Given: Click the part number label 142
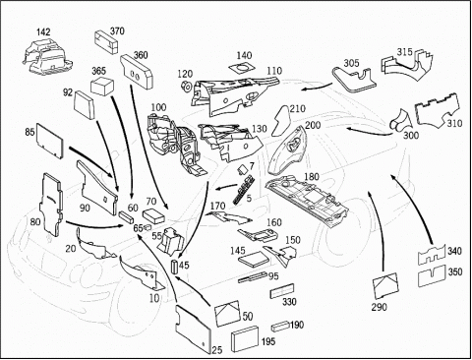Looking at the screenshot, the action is pos(43,32).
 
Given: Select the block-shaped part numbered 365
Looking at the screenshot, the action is pos(102,87).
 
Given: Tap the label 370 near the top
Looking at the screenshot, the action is pos(117,30).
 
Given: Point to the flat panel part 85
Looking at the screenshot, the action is pos(49,141).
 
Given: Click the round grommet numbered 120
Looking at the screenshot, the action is pos(187,86).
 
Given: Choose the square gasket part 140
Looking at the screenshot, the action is pos(242,68).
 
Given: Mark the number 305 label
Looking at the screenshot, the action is pos(351,63).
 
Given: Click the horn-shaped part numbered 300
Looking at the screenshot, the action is pos(399,121).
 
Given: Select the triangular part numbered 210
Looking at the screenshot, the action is pos(280,122).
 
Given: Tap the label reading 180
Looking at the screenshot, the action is pos(311,177).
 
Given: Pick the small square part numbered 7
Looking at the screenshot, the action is pos(243,169).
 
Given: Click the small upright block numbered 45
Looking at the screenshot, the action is pos(175,266).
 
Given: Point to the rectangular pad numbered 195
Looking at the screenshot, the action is pos(245,339).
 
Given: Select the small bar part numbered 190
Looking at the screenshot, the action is pos(280,326).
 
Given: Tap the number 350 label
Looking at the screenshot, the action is pos(455,271).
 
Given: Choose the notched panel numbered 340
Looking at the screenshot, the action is pos(432,253).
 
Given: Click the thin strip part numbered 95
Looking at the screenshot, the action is pos(253,276).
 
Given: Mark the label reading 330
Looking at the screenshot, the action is pos(289,302).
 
